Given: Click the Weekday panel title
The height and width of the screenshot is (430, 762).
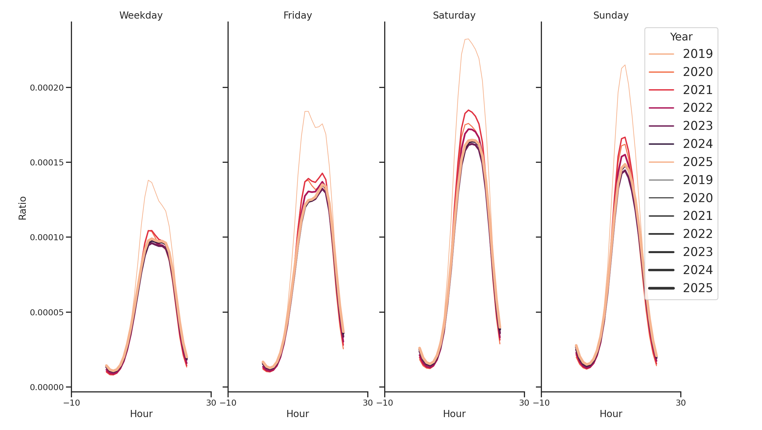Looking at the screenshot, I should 141,15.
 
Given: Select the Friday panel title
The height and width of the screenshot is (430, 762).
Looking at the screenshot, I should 298,15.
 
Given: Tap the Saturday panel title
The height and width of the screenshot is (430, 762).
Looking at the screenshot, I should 454,15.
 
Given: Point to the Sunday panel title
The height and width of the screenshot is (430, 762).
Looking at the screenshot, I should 611,15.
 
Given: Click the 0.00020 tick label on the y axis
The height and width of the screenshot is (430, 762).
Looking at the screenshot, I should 47,88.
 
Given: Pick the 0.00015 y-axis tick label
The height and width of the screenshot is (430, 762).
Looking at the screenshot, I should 47,163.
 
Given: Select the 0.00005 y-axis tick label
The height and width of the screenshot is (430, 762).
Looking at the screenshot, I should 47,312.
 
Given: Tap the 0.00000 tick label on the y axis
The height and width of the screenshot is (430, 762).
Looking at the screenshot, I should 47,387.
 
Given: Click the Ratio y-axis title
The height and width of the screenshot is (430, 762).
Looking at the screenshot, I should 22,208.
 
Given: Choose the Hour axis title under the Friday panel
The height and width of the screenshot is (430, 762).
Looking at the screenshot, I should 298,414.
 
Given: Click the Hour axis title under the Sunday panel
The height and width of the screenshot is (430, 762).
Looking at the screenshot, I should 611,414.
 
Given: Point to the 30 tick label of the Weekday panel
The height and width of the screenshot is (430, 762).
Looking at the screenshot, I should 211,403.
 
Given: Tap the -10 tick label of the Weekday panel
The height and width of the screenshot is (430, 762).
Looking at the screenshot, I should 72,403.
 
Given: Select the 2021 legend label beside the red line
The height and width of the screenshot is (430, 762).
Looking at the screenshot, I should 697,90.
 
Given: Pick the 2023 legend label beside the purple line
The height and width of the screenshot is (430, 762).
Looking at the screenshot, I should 697,126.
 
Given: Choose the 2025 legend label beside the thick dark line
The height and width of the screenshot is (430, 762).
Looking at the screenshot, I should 697,288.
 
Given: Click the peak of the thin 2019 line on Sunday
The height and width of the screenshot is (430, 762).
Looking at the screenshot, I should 625,65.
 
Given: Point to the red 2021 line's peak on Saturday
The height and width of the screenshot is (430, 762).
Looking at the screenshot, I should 468,110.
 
